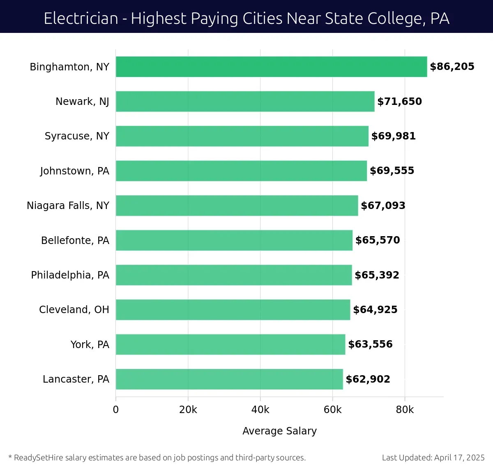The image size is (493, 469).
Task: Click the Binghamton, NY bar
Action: [271, 67]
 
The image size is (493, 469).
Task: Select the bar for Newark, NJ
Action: [245, 101]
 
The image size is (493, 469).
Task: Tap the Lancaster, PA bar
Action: [229, 379]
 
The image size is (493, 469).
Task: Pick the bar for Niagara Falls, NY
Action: [237, 205]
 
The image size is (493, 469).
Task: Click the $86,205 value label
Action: [452, 67]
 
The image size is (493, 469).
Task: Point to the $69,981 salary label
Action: [393, 136]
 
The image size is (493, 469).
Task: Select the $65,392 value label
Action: [377, 275]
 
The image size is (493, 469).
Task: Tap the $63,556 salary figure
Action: [370, 344]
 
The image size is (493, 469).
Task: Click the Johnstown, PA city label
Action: [75, 171]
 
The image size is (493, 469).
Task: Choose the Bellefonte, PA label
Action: [75, 240]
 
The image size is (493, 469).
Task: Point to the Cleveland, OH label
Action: [74, 309]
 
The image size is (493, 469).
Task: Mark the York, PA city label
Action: [90, 344]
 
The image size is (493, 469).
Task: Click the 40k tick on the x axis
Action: [260, 410]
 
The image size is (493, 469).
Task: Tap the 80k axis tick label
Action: [405, 410]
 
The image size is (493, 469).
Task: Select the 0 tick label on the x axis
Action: [116, 410]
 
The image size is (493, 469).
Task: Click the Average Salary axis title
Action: [279, 431]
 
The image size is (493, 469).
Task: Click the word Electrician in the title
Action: [81, 19]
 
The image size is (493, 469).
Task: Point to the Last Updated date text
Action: [433, 457]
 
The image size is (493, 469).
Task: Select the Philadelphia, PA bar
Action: [234, 275]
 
